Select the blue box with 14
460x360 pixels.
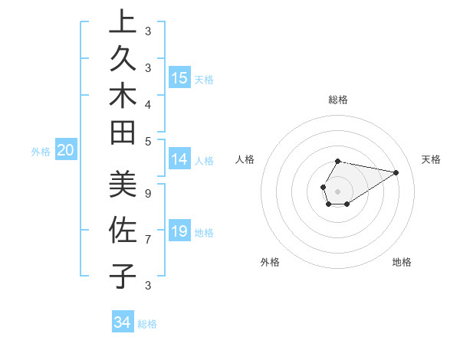pyautogui.click(x=179, y=160)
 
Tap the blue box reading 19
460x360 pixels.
pyautogui.click(x=179, y=231)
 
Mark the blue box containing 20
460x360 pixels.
pyautogui.click(x=66, y=151)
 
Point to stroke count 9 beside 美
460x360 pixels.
pyautogui.click(x=147, y=193)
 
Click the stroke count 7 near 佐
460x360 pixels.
pyautogui.click(x=147, y=240)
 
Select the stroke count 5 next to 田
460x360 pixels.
pyautogui.click(x=147, y=141)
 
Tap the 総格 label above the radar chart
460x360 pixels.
pyautogui.click(x=338, y=100)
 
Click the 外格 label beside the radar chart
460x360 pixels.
pyautogui.click(x=270, y=262)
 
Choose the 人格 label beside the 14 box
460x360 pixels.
pyautogui.click(x=204, y=161)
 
